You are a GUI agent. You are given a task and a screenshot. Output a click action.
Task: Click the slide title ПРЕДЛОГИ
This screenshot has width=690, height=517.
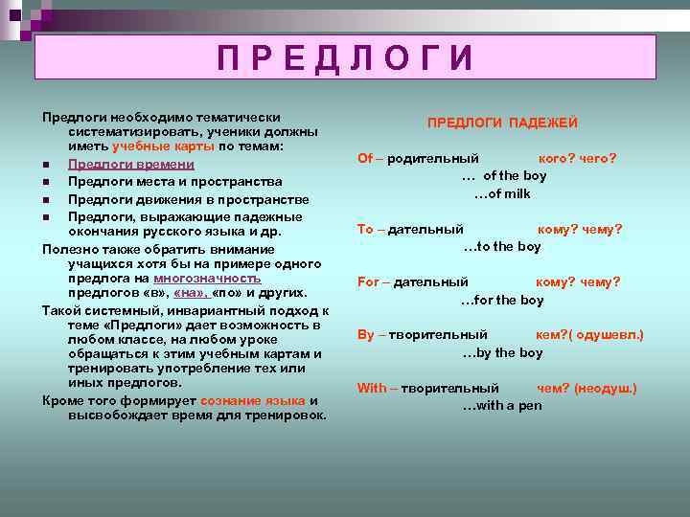[x=346, y=58]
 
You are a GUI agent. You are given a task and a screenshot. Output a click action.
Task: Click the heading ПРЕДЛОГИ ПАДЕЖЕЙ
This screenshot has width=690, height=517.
[x=502, y=123]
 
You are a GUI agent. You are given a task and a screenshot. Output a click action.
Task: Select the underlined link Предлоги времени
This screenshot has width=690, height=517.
[x=131, y=165]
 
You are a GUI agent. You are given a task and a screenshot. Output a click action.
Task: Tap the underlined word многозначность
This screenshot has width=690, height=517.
[x=206, y=277]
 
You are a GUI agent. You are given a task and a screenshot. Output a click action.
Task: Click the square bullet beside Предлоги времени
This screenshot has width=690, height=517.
[x=46, y=165]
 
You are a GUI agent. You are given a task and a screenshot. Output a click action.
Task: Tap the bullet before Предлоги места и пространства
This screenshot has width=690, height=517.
[x=46, y=182]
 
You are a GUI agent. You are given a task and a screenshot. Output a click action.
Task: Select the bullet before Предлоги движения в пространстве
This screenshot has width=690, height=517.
[x=46, y=199]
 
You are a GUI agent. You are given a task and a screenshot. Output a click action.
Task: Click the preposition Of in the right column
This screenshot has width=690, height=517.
[x=364, y=158]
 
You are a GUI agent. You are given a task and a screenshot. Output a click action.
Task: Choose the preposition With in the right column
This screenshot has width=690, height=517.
[x=371, y=388]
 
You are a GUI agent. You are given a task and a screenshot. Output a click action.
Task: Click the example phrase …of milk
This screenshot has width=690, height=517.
[x=502, y=193]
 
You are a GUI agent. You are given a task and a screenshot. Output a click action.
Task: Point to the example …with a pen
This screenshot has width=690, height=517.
[x=502, y=405]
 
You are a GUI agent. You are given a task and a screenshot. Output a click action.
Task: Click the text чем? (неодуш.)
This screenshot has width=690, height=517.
[x=586, y=388]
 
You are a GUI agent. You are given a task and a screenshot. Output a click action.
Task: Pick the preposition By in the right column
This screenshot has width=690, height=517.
[x=365, y=334]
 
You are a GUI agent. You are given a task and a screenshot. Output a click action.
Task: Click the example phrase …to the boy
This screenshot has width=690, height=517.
[x=502, y=246]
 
